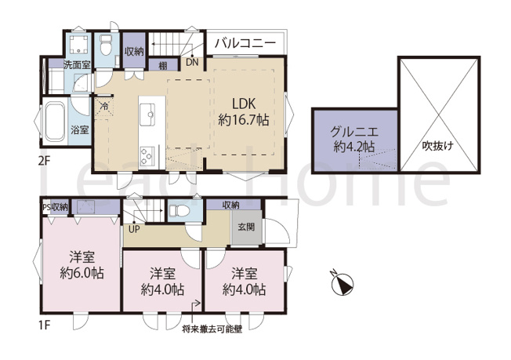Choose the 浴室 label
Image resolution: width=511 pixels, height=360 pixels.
click(80, 129)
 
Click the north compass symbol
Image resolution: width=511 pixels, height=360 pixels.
click(341, 283)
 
